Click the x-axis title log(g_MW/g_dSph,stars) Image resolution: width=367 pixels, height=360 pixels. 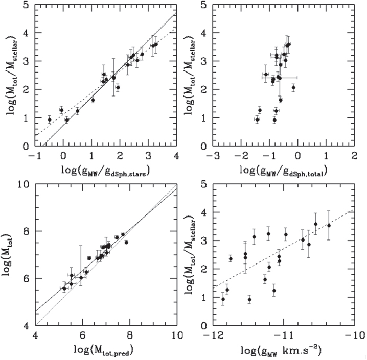[x=105, y=171]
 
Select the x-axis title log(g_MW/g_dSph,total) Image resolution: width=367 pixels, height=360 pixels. [x=284, y=171]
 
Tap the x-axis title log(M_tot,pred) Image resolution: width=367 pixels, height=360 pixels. [x=104, y=350]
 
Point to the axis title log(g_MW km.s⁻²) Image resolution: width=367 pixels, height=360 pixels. [x=281, y=350]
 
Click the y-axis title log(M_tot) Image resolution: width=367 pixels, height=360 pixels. [x=7, y=255]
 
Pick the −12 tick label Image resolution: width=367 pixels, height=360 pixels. [x=213, y=335]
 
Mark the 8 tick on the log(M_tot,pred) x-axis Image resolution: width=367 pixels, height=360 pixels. [x=129, y=335]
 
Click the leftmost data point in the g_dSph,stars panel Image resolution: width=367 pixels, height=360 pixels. [x=50, y=119]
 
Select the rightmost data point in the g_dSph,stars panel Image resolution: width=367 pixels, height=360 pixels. [x=156, y=44]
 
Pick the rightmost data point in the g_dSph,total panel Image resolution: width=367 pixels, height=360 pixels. [x=293, y=87]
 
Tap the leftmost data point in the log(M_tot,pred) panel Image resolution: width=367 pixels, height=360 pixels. [x=64, y=289]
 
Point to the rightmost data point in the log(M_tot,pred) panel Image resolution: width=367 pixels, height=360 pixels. [x=126, y=242]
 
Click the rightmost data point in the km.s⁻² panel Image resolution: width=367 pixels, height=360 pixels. [x=329, y=225]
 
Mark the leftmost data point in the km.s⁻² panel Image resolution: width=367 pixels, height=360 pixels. [x=223, y=299]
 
